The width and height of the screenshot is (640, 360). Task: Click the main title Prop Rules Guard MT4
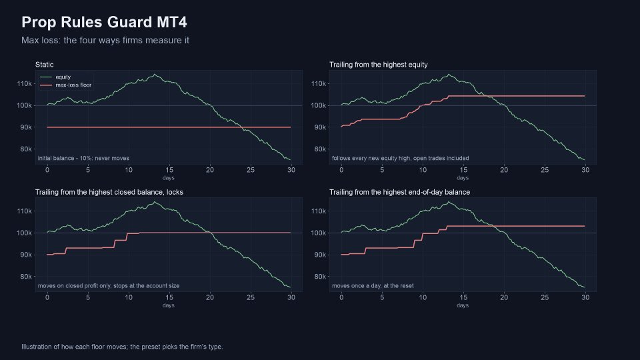104,22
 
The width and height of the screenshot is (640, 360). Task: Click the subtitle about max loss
105,41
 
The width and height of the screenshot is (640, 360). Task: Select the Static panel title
44,65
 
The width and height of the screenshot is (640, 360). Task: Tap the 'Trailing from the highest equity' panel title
379,65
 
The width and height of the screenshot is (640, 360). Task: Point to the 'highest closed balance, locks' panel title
109,192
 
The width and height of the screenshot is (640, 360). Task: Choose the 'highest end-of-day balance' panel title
399,192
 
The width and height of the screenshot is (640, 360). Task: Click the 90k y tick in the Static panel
26,127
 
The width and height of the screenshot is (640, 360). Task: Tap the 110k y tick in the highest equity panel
319,84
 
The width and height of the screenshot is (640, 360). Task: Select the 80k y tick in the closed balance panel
26,276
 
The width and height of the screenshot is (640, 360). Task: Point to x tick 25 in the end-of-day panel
545,297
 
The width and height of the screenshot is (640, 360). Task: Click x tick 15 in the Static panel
169,170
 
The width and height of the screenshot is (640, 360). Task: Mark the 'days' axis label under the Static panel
168,178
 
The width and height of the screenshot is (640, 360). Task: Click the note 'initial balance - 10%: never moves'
83,159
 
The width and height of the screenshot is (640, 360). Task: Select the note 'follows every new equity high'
401,159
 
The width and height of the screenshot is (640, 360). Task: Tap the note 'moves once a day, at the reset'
373,286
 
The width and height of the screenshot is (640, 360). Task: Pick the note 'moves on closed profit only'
109,286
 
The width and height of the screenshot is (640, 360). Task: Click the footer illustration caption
122,347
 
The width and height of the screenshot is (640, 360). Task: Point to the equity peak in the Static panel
154,74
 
